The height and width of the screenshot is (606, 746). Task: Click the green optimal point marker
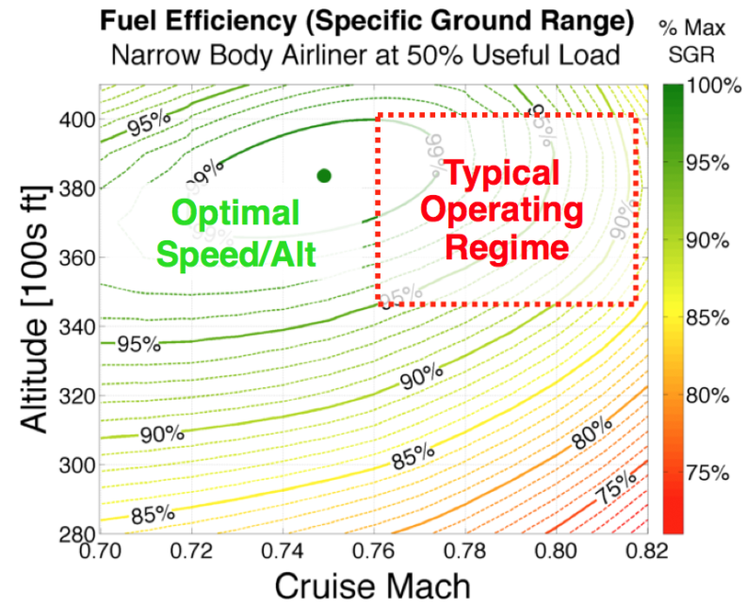[324, 175]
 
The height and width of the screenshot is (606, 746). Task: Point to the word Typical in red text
[501, 173]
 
